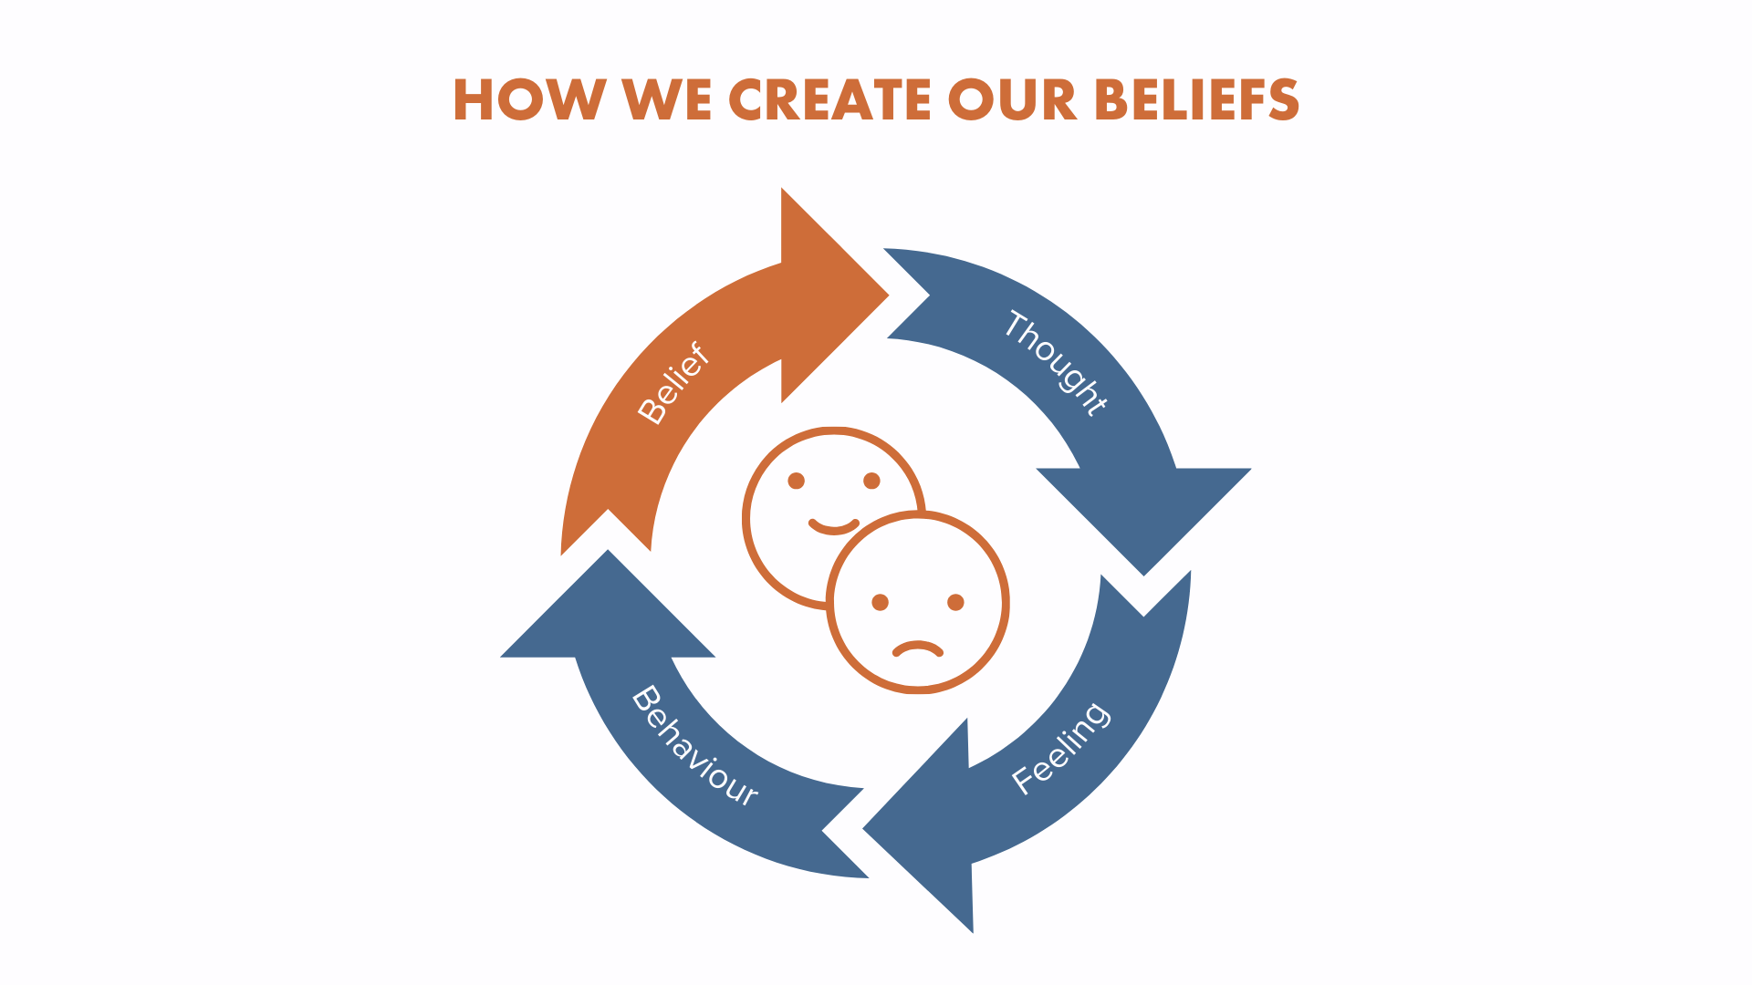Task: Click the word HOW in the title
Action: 529,99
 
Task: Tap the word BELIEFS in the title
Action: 1196,99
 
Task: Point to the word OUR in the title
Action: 1012,99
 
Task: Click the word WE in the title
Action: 667,99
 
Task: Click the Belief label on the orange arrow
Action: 673,383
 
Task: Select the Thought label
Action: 1056,363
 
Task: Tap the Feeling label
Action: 1061,748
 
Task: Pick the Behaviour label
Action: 694,746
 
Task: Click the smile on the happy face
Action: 834,526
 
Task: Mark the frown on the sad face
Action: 917,648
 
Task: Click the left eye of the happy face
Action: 797,481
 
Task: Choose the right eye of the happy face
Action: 871,481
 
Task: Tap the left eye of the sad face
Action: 881,602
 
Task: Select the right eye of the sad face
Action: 955,602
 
